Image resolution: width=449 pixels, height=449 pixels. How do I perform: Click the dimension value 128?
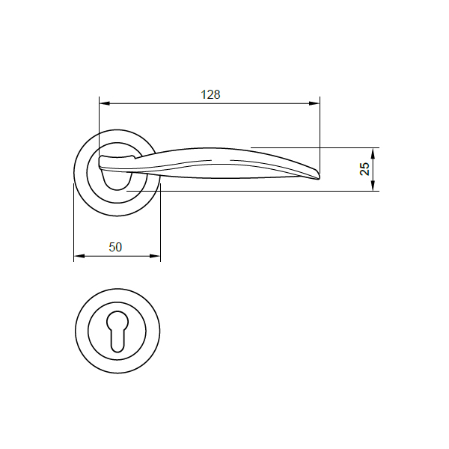click(210, 95)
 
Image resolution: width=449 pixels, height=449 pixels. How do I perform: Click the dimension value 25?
click(365, 169)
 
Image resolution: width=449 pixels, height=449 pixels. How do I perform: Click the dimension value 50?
click(115, 247)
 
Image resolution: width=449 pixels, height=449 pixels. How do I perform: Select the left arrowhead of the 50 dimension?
click(78, 257)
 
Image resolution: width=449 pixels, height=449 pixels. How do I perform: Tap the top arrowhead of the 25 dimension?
click(375, 150)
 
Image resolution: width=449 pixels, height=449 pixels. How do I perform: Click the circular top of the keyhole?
click(117, 320)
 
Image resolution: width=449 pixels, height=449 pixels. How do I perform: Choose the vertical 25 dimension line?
click(375, 169)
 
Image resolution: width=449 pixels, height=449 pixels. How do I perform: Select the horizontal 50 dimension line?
click(117, 257)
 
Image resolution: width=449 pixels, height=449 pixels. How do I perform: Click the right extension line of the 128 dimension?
click(320, 135)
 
